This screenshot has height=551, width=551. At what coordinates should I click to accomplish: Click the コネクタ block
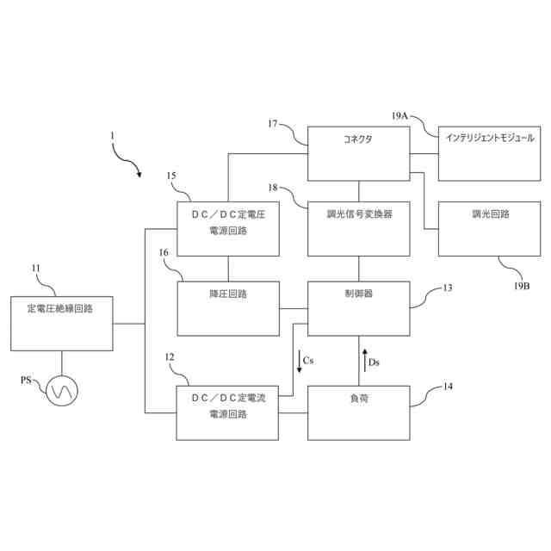pyautogui.click(x=358, y=153)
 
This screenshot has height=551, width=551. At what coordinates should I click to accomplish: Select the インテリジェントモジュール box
pyautogui.click(x=488, y=153)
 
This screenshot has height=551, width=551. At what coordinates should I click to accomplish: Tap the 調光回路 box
pyautogui.click(x=488, y=228)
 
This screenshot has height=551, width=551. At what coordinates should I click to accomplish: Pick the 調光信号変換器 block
pyautogui.click(x=358, y=228)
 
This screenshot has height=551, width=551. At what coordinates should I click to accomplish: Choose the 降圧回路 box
pyautogui.click(x=228, y=307)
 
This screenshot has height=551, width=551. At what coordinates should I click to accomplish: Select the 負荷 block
pyautogui.click(x=358, y=412)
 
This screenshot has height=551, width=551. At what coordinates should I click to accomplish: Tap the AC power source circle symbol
pyautogui.click(x=62, y=392)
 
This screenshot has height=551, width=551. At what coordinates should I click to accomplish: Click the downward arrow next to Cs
pyautogui.click(x=298, y=361)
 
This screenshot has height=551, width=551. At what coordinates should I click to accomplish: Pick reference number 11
pyautogui.click(x=36, y=268)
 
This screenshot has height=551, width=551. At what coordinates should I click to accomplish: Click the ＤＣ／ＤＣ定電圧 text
pyautogui.click(x=227, y=214)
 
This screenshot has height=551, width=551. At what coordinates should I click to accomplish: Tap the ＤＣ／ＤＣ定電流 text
pyautogui.click(x=227, y=399)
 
